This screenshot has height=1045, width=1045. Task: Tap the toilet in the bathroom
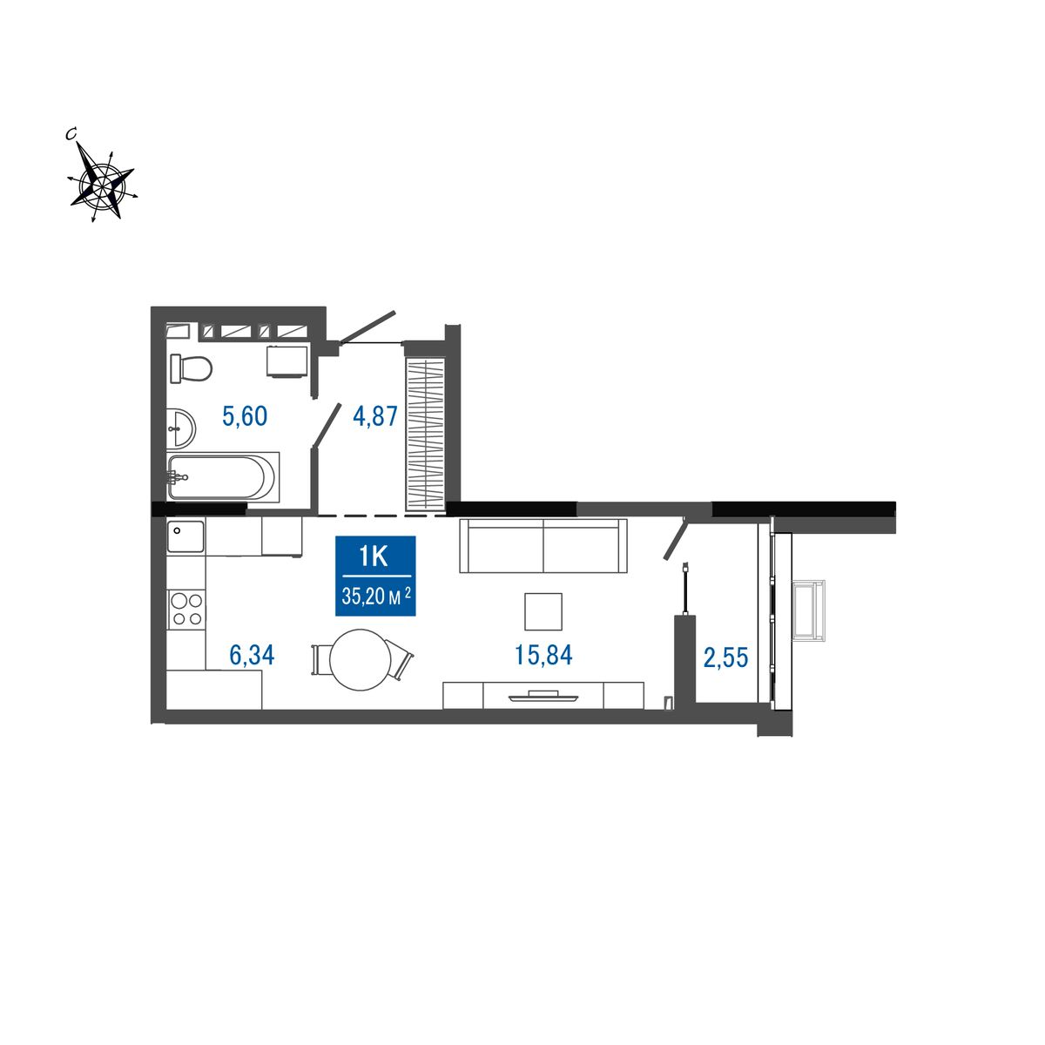tap(191, 368)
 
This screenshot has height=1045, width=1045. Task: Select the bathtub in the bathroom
tap(224, 476)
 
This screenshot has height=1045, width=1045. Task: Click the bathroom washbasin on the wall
tap(180, 428)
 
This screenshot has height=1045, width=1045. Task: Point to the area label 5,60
tap(245, 416)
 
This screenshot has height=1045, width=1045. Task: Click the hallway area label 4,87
tap(375, 416)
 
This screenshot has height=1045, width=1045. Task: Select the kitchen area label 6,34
tap(252, 655)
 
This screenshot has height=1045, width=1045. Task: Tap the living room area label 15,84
tap(543, 655)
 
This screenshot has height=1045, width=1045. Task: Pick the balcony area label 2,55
tap(725, 657)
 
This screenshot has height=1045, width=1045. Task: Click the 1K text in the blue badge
tap(374, 556)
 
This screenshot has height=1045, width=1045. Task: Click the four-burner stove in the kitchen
tap(186, 610)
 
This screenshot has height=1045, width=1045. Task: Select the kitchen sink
tap(186, 536)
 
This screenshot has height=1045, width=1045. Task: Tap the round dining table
tap(360, 659)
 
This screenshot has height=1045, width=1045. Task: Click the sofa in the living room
tap(543, 545)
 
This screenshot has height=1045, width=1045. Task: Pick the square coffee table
tap(543, 611)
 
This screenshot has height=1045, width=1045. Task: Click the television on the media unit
tap(543, 697)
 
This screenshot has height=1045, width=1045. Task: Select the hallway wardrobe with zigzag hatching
tap(426, 434)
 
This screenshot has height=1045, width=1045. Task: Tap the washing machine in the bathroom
tap(287, 361)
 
